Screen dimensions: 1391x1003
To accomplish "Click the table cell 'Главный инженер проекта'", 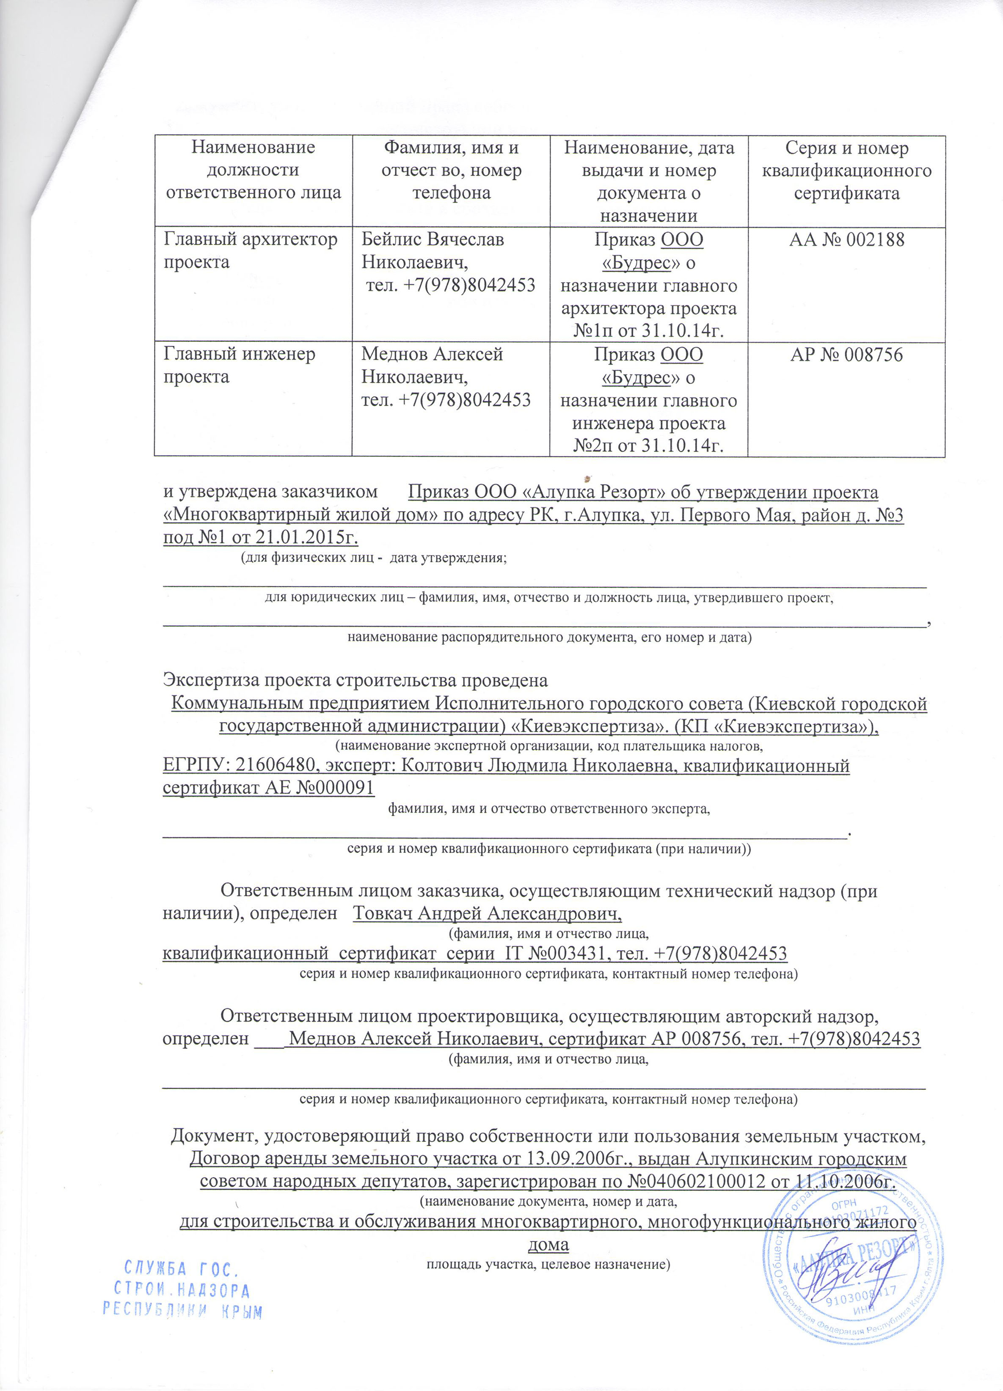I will point(239,366).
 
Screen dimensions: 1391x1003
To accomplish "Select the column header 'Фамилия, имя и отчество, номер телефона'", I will point(451,170).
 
